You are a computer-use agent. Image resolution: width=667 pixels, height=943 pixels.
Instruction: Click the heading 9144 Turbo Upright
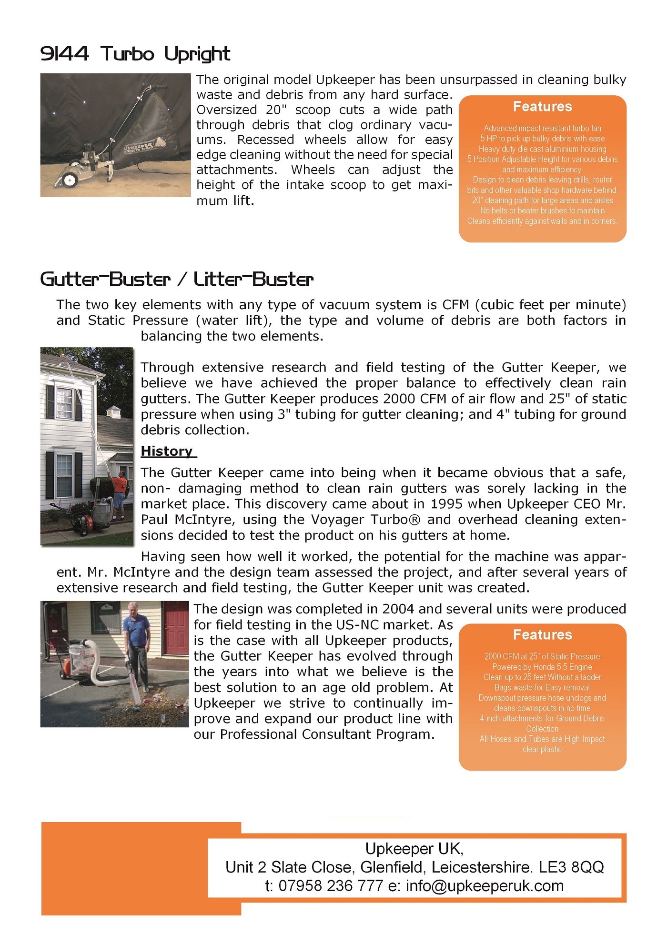135,54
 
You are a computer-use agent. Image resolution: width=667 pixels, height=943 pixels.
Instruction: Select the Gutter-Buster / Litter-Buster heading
177,280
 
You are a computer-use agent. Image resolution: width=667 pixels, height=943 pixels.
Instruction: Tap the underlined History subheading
168,451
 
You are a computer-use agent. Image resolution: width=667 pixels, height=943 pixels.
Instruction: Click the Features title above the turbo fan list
542,107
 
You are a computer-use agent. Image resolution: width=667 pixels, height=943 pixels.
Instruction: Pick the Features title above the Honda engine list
542,635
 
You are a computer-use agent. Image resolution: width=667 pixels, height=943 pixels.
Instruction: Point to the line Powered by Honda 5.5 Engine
542,667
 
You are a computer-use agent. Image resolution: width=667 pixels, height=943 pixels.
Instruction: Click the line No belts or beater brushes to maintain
542,211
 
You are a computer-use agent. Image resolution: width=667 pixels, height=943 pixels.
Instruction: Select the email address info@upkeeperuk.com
485,886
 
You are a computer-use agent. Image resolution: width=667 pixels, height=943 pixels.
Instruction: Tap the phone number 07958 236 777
331,886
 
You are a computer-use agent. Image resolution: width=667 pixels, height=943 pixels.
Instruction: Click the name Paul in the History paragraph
155,520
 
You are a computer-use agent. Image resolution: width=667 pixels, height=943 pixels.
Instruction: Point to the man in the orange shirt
120,493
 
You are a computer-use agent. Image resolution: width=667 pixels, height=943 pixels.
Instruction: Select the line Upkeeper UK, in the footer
414,848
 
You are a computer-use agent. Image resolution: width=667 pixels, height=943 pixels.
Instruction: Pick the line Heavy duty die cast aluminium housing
542,149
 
